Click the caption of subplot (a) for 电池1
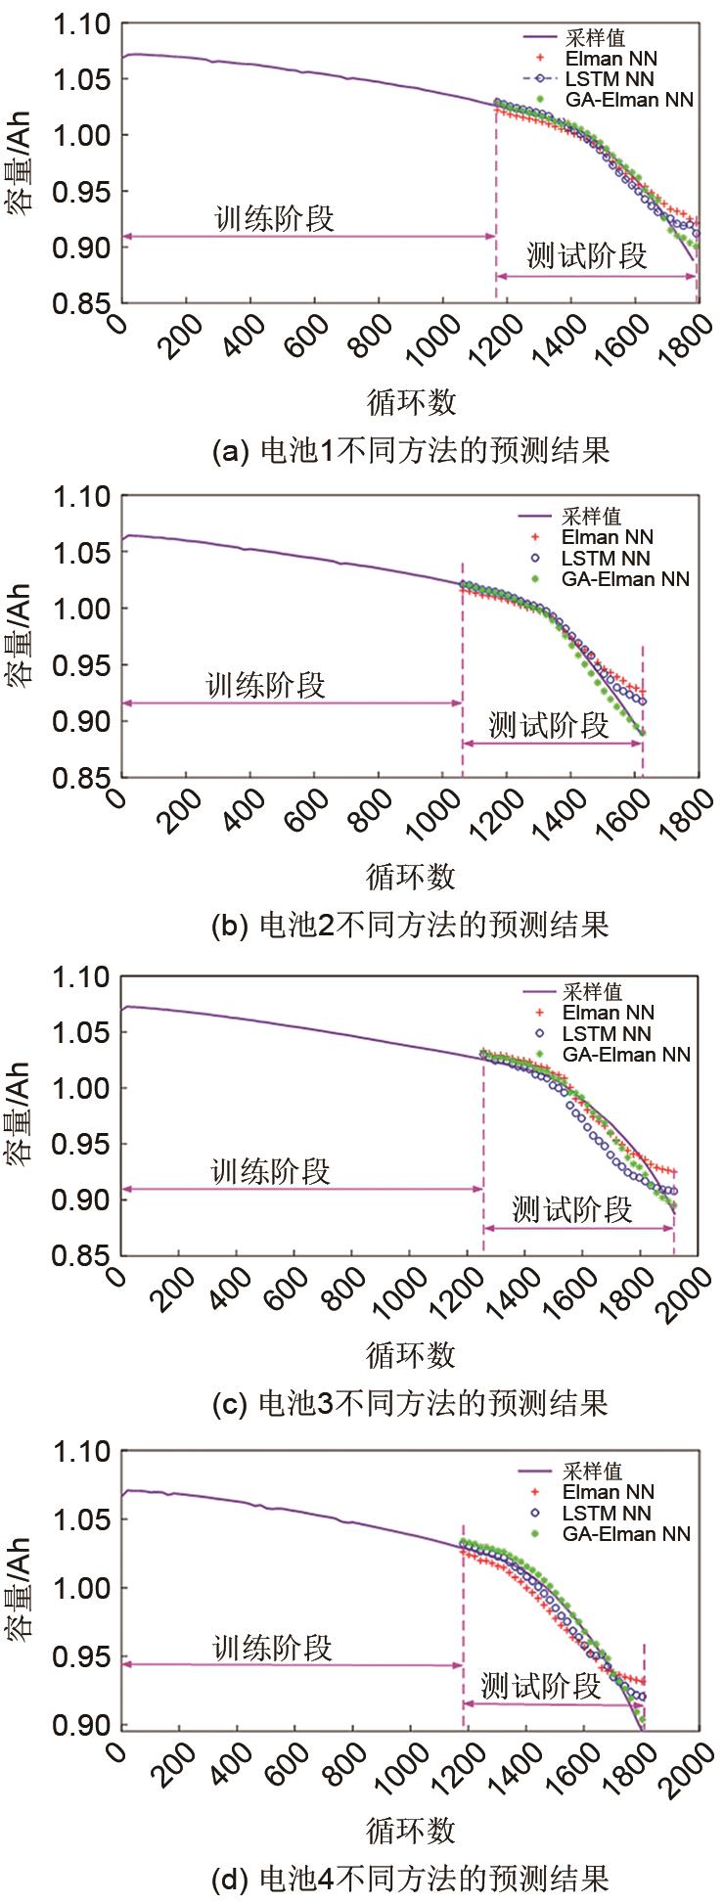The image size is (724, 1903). coord(410,451)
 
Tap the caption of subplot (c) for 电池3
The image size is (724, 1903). coord(410,1403)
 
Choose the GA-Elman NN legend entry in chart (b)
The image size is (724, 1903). coord(624,579)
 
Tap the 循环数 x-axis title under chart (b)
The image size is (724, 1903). coord(411,876)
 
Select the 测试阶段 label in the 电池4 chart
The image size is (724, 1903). coord(540,1685)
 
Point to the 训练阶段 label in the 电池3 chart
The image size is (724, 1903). coord(271,1170)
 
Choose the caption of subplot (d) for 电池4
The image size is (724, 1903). coord(410,1879)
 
